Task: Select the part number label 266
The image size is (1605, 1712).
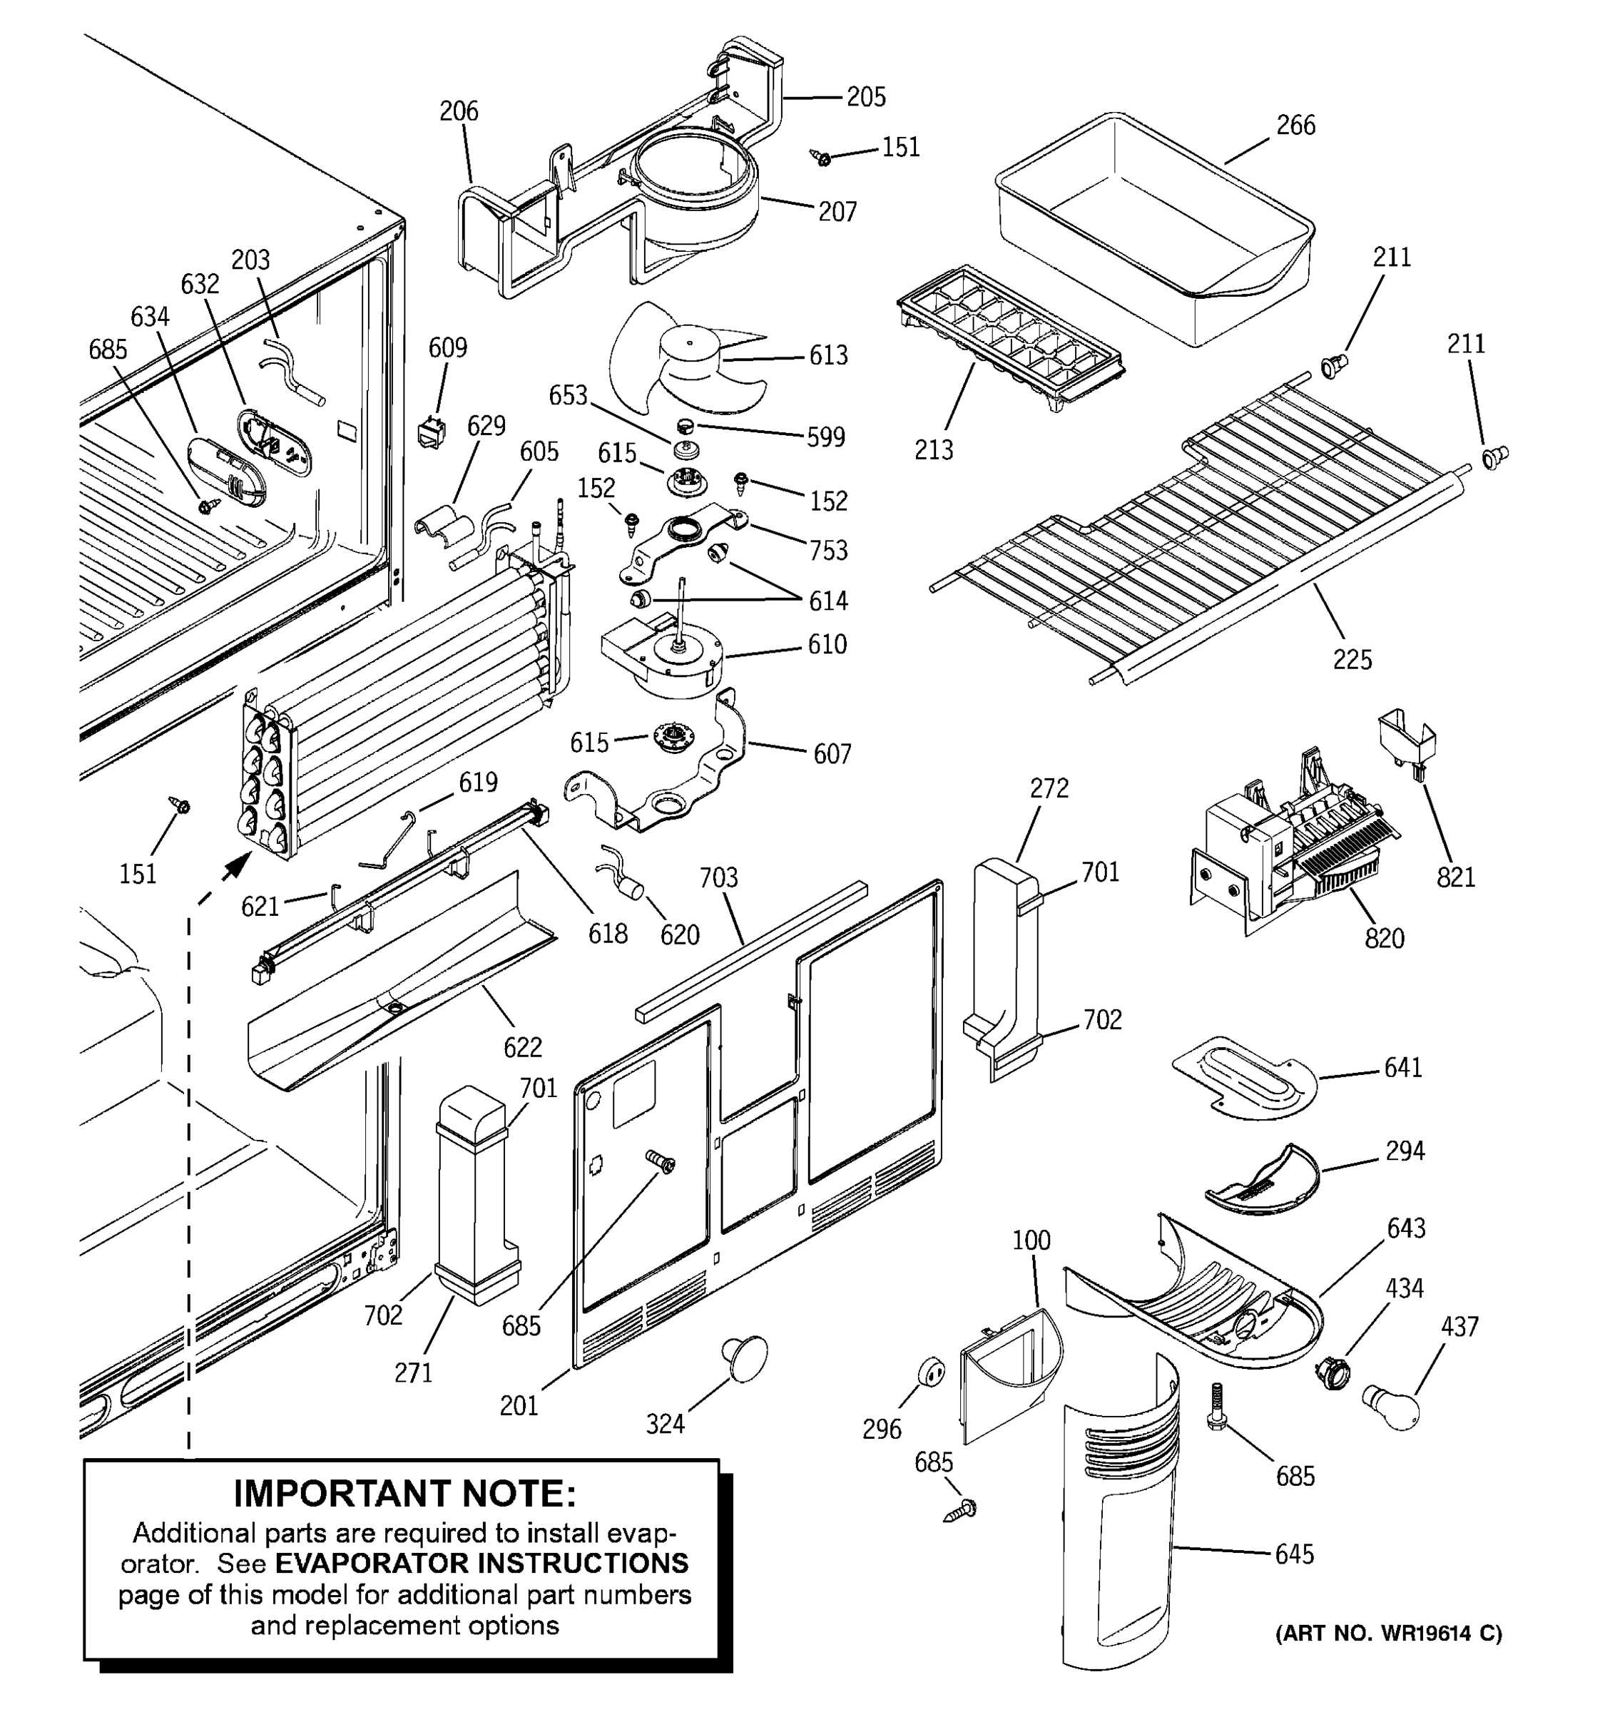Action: [1295, 126]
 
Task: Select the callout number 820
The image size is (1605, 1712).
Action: [1384, 938]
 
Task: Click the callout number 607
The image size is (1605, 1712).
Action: [832, 755]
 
